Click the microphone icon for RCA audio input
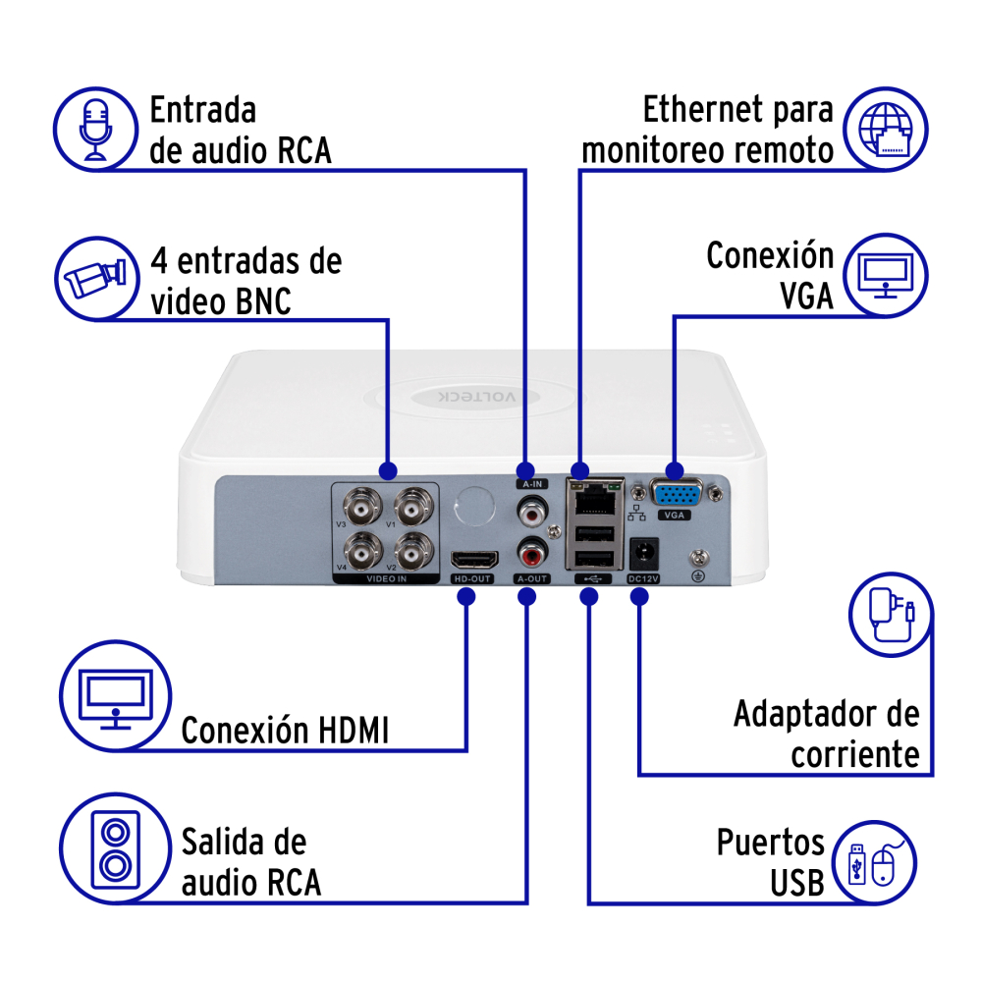95,127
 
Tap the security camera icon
95,278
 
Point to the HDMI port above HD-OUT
472,561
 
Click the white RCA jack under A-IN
531,510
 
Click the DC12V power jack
642,552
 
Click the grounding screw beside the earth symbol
698,557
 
